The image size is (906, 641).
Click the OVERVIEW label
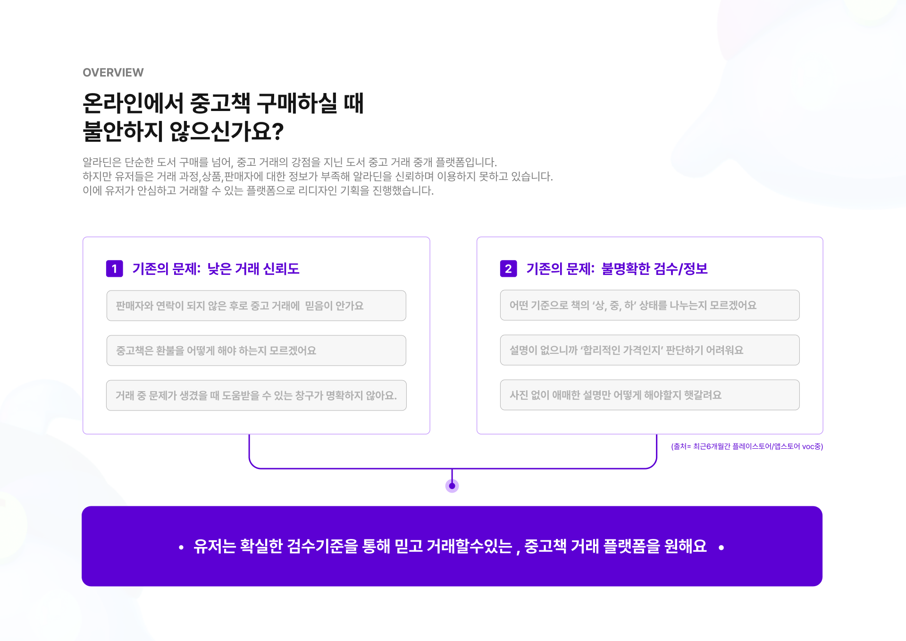point(113,72)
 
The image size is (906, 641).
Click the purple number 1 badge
point(114,269)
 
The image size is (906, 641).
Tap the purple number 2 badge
point(508,269)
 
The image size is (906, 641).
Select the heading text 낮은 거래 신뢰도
point(253,269)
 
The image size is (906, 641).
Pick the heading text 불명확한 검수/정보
point(654,269)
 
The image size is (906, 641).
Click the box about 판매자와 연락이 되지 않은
point(256,306)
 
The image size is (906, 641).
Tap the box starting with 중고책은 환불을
point(256,350)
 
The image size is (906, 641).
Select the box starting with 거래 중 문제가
point(256,395)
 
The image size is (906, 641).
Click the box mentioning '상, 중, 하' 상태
point(650,305)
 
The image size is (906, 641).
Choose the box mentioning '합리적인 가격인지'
point(650,350)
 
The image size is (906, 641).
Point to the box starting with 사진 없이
point(650,395)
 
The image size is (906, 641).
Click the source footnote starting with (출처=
point(747,446)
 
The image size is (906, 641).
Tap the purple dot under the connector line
point(452,486)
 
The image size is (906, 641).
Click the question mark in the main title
point(278,132)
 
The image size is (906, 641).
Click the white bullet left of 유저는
point(181,547)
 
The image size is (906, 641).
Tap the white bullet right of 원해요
point(721,547)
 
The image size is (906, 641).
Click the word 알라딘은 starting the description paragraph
point(101,162)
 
